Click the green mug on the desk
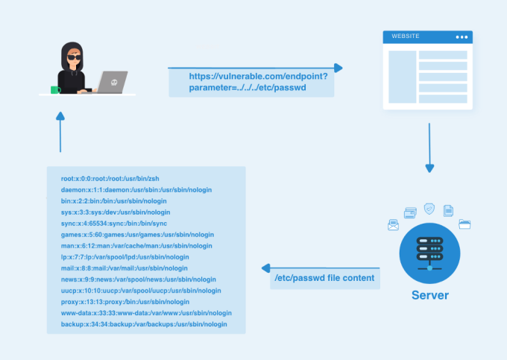pos(54,89)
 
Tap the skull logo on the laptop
pos(113,82)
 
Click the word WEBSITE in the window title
pos(406,36)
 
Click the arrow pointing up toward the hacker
pos(60,130)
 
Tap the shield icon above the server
pos(429,209)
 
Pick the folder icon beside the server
pos(465,223)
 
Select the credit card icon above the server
pos(409,212)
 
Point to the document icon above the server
pos(448,211)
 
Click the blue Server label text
pos(430,295)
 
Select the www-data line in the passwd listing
pos(146,313)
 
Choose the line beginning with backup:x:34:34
pos(144,324)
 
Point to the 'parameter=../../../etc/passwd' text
pos(248,88)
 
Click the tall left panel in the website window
pos(402,77)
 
